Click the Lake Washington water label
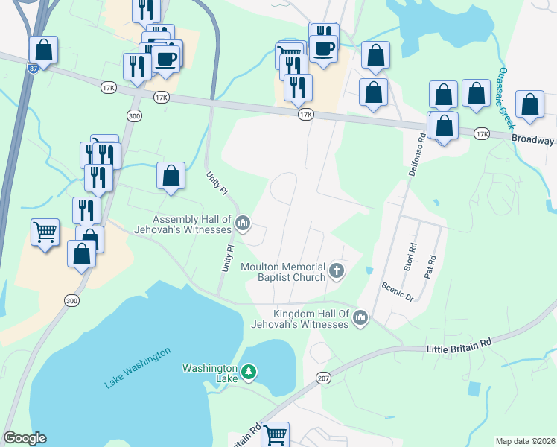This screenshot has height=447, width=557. (138, 367)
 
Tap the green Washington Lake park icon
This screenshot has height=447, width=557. (249, 370)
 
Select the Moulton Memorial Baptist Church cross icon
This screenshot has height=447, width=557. (337, 270)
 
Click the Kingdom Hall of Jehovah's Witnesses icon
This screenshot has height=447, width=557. (360, 318)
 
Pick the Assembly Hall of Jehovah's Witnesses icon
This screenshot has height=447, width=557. (243, 222)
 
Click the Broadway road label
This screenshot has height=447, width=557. (532, 140)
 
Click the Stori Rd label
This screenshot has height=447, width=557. (409, 256)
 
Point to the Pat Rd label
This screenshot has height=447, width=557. (429, 266)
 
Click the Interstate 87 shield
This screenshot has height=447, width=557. (34, 68)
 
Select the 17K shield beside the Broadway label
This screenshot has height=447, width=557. (482, 134)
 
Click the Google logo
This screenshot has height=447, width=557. (25, 438)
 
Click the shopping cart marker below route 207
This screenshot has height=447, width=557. (275, 434)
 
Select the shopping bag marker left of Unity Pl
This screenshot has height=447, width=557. (171, 177)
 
